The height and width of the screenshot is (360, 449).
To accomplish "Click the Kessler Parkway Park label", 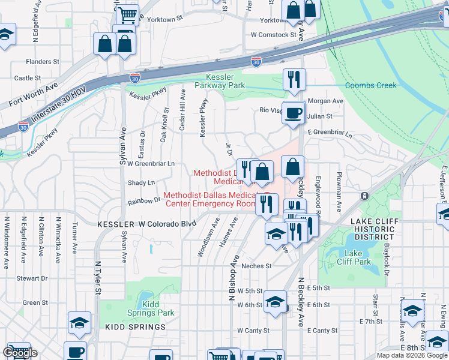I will coord(225,82).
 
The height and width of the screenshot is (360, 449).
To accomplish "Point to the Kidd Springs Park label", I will coord(151,308).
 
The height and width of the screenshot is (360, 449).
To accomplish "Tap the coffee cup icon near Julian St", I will coord(294,113).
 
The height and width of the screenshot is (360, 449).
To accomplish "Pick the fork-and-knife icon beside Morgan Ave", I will coord(294,80).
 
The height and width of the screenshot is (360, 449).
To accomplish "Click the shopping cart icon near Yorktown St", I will coord(127,14).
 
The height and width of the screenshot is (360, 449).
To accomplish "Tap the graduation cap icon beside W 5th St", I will coord(276,302).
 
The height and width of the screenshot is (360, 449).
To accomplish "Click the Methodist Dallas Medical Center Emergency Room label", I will coord(210,199).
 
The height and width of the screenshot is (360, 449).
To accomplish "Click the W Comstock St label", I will coord(274,35).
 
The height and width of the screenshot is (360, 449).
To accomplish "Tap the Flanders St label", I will coord(43,61).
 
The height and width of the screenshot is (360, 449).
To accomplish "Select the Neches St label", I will coord(256,266).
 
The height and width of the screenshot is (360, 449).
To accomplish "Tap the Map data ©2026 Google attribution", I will coord(412,355).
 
